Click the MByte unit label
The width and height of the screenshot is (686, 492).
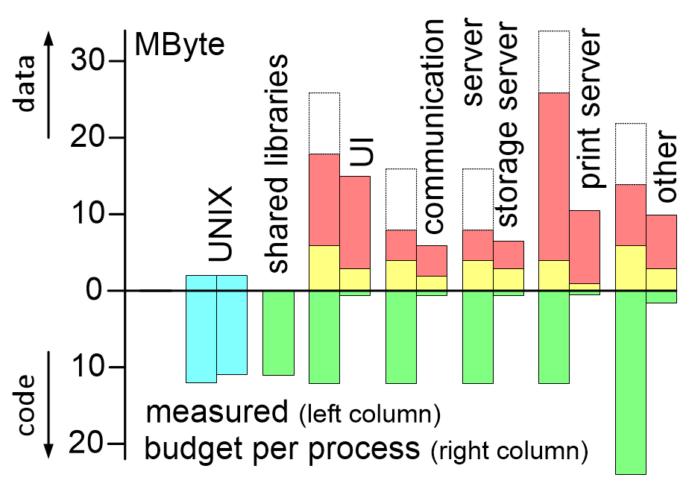point(179,46)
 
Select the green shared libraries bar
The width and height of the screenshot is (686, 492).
point(278,332)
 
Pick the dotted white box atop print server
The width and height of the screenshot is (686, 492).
point(553,62)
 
